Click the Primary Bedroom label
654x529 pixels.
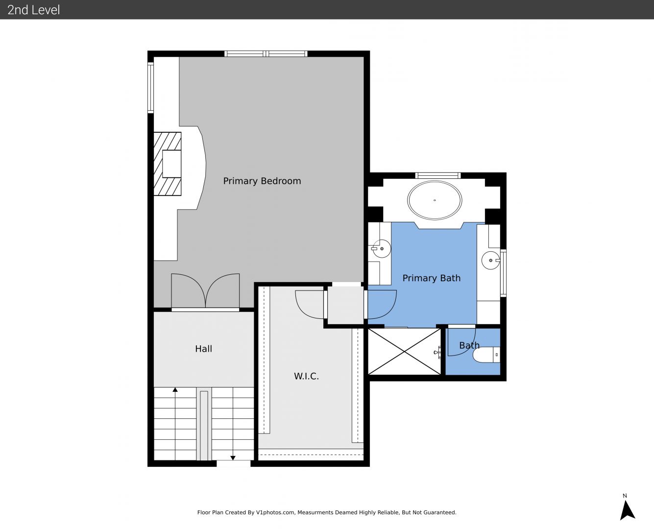[x=262, y=181]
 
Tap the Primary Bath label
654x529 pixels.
[x=432, y=278]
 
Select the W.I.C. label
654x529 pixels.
[x=306, y=376]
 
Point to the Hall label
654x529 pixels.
[x=204, y=348]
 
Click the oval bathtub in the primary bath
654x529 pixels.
[x=434, y=200]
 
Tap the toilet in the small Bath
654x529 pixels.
[x=486, y=355]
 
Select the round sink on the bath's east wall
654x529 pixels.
[x=490, y=261]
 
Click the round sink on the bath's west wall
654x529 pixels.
[x=381, y=249]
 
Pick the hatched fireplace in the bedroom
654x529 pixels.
[x=168, y=164]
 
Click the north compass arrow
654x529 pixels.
[x=627, y=510]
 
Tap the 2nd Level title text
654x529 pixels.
[x=33, y=10]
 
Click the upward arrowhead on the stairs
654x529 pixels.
[x=175, y=389]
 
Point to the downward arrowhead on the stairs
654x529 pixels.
[x=233, y=458]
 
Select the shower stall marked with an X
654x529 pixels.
[x=404, y=352]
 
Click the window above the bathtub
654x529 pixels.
[x=438, y=176]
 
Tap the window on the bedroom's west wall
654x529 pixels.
[x=150, y=88]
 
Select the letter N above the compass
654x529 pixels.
[x=625, y=496]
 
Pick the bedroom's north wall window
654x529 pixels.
[x=266, y=54]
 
